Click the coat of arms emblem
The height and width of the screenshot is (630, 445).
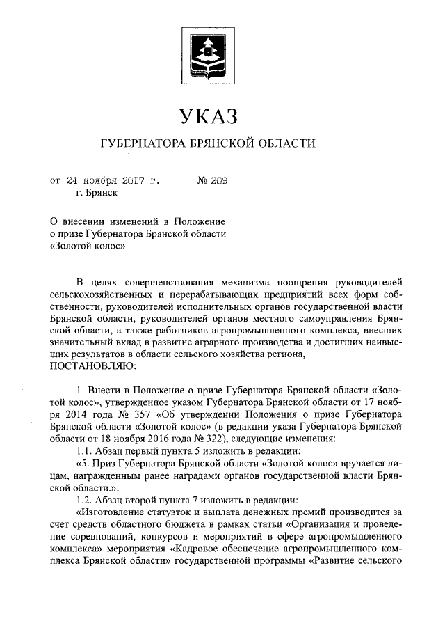[209, 53]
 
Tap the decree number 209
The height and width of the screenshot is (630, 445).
[220, 181]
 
